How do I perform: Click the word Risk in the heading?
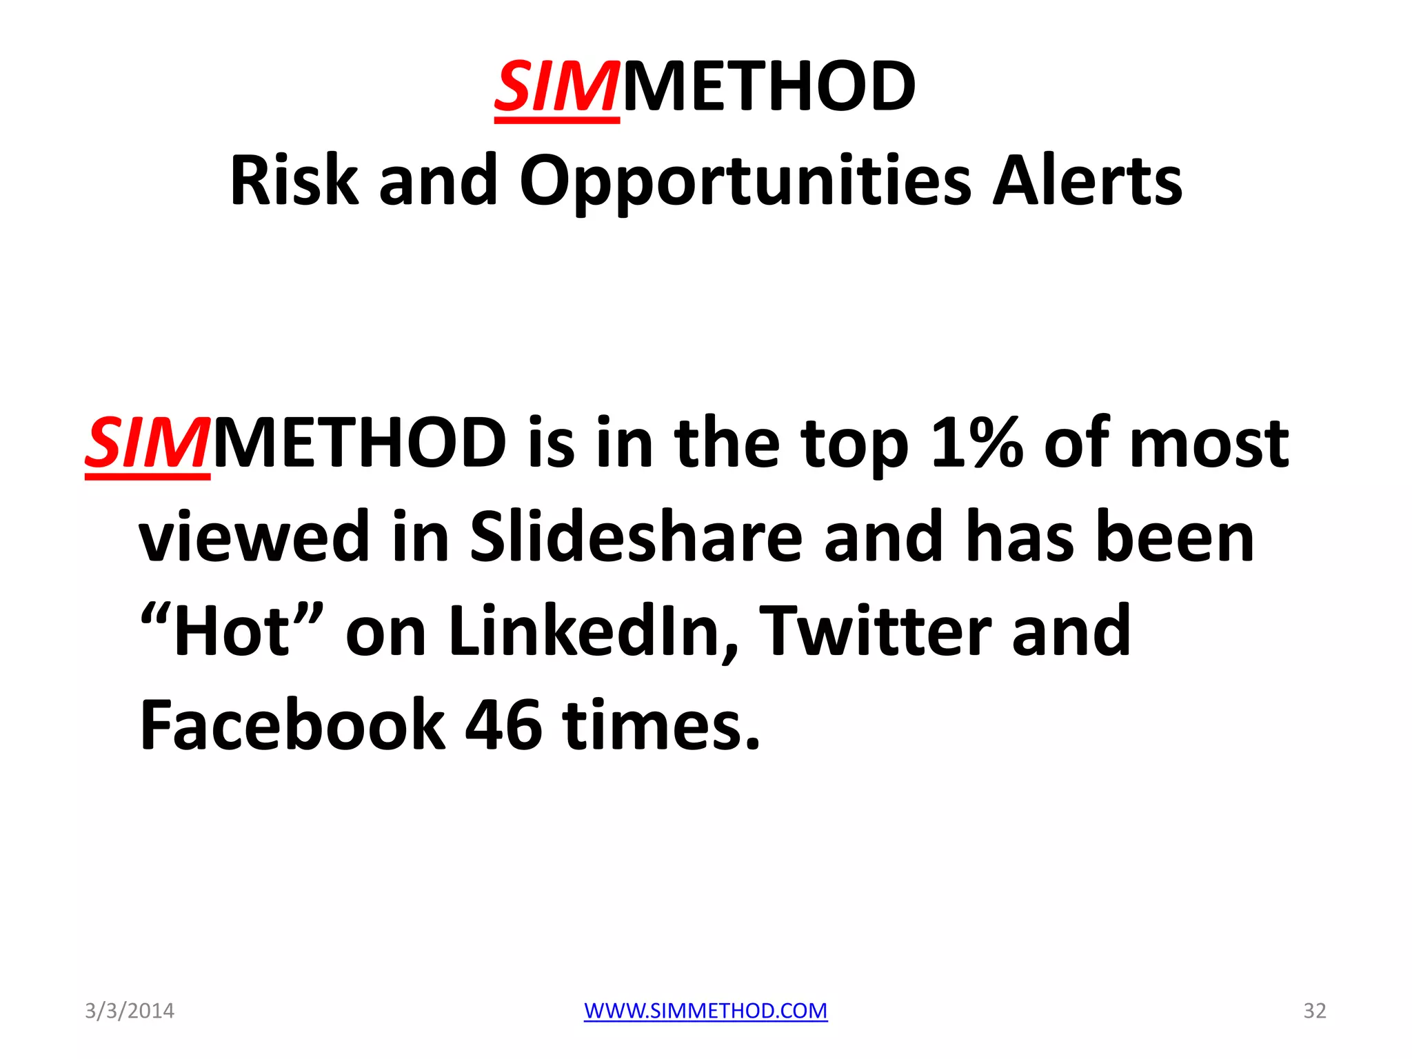[x=294, y=181]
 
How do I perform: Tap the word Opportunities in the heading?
[x=745, y=181]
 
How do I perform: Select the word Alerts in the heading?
[x=1087, y=181]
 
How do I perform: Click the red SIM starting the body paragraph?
[x=147, y=443]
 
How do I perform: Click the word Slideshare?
[x=636, y=537]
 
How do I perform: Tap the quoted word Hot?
[x=231, y=631]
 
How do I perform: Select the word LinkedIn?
[x=593, y=631]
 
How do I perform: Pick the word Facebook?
[x=292, y=725]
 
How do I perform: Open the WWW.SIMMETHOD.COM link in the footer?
[x=705, y=1011]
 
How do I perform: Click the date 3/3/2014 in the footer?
[x=130, y=1011]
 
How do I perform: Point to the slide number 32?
[x=1314, y=1011]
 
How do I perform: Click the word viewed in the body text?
[x=254, y=537]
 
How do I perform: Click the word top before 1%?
[x=854, y=443]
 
